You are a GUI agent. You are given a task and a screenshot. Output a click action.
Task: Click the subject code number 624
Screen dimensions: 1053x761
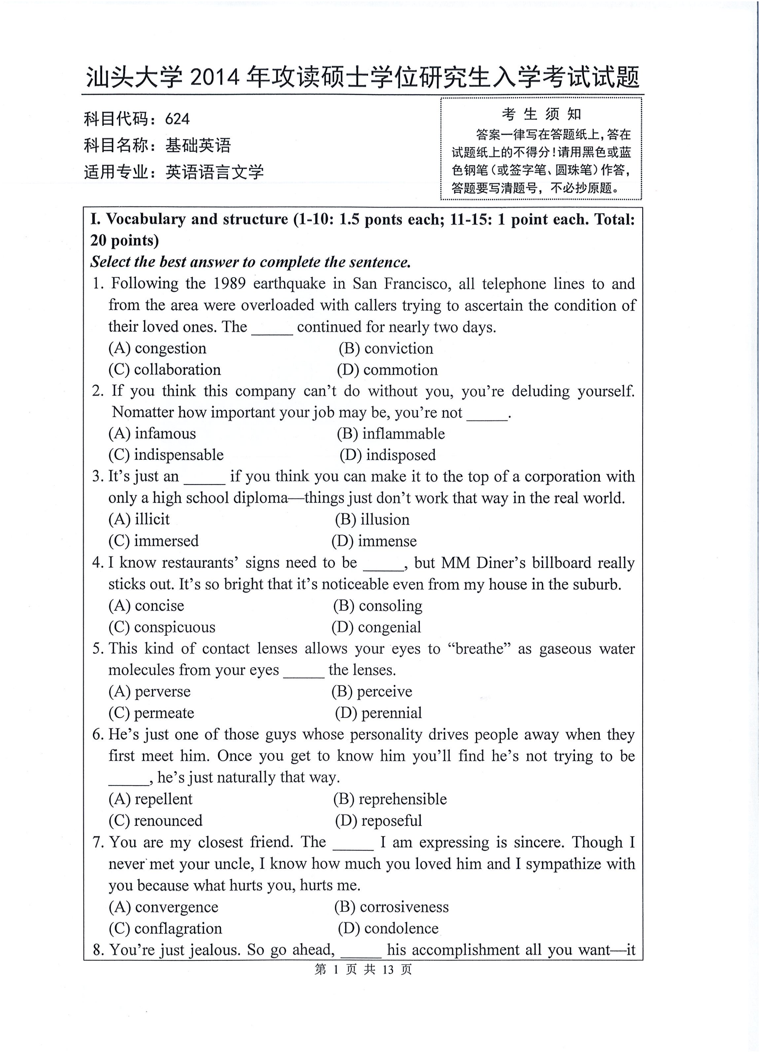pyautogui.click(x=177, y=119)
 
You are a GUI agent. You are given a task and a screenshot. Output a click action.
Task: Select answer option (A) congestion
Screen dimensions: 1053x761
pyautogui.click(x=157, y=348)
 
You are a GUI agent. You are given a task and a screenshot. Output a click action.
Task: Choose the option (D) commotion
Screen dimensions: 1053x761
pyautogui.click(x=387, y=370)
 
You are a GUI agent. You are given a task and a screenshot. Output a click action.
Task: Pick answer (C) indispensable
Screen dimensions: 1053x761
pyautogui.click(x=166, y=455)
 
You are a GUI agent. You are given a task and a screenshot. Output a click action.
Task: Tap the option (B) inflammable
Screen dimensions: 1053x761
pyautogui.click(x=391, y=434)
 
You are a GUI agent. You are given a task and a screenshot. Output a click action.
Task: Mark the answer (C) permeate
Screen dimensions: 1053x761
pyautogui.click(x=151, y=713)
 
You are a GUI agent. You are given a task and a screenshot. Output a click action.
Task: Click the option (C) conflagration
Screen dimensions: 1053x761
pyautogui.click(x=165, y=928)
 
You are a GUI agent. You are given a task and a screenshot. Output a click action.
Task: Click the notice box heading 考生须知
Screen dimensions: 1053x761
pyautogui.click(x=541, y=114)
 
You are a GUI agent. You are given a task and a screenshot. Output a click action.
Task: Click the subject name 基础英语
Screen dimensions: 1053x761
pyautogui.click(x=198, y=146)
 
